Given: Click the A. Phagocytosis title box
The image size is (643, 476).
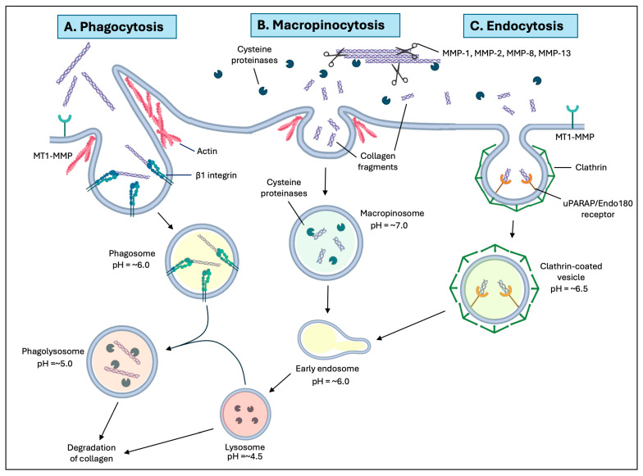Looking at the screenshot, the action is click(x=116, y=26).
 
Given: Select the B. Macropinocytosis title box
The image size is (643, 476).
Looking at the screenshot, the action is click(x=325, y=25).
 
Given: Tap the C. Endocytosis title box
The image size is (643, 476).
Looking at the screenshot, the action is click(x=520, y=26).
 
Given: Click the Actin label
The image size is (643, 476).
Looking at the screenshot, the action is click(x=207, y=151).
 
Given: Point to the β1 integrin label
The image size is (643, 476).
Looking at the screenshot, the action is click(x=217, y=175).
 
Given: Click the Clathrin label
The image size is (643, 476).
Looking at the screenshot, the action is click(x=591, y=167).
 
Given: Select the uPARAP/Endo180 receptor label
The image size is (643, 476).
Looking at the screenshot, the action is click(x=597, y=208).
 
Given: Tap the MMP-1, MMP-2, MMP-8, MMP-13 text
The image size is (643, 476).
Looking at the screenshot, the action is click(x=506, y=52).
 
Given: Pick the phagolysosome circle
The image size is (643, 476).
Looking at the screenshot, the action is click(x=122, y=362).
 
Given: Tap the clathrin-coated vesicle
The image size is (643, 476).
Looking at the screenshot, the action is click(x=494, y=288).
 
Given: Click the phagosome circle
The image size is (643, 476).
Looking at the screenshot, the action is click(x=202, y=261).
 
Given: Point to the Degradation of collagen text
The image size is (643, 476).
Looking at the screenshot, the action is click(x=92, y=453).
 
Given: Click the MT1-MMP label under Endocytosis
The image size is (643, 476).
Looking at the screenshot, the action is click(x=574, y=137).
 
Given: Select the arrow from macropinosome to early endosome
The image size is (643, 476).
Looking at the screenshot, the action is click(x=327, y=300).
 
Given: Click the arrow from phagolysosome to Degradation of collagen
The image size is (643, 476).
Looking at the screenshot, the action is click(x=108, y=421).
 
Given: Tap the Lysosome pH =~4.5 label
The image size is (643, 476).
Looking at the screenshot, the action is click(x=244, y=451).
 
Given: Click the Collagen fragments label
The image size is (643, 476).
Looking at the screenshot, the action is click(x=377, y=161).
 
